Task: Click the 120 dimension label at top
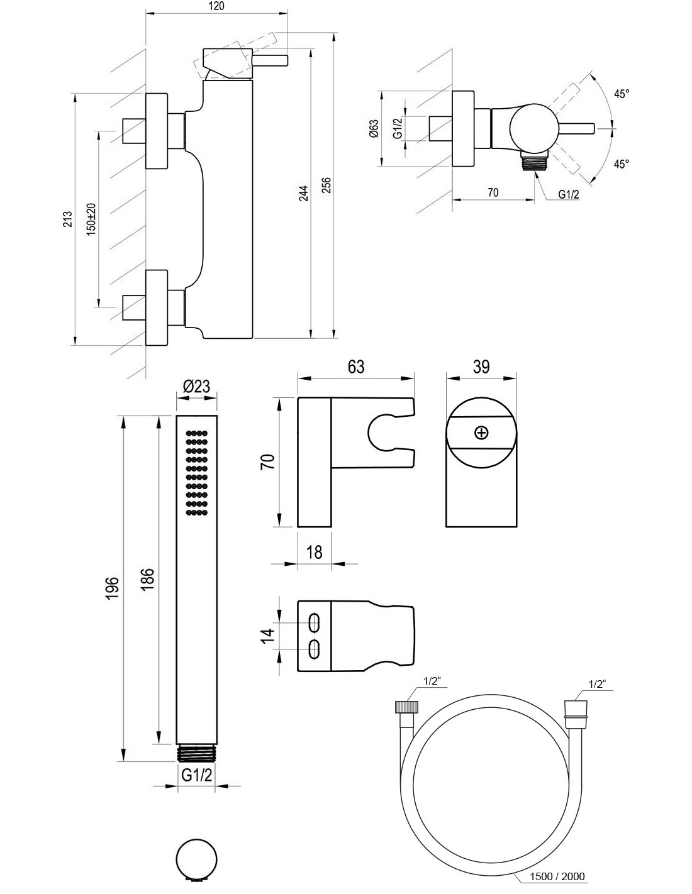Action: pos(216,6)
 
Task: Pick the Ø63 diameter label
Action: pos(374,129)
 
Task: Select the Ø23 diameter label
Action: pos(196,387)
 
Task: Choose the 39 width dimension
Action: pos(481,367)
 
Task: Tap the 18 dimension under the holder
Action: pos(314,551)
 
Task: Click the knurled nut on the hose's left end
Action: pos(402,707)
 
